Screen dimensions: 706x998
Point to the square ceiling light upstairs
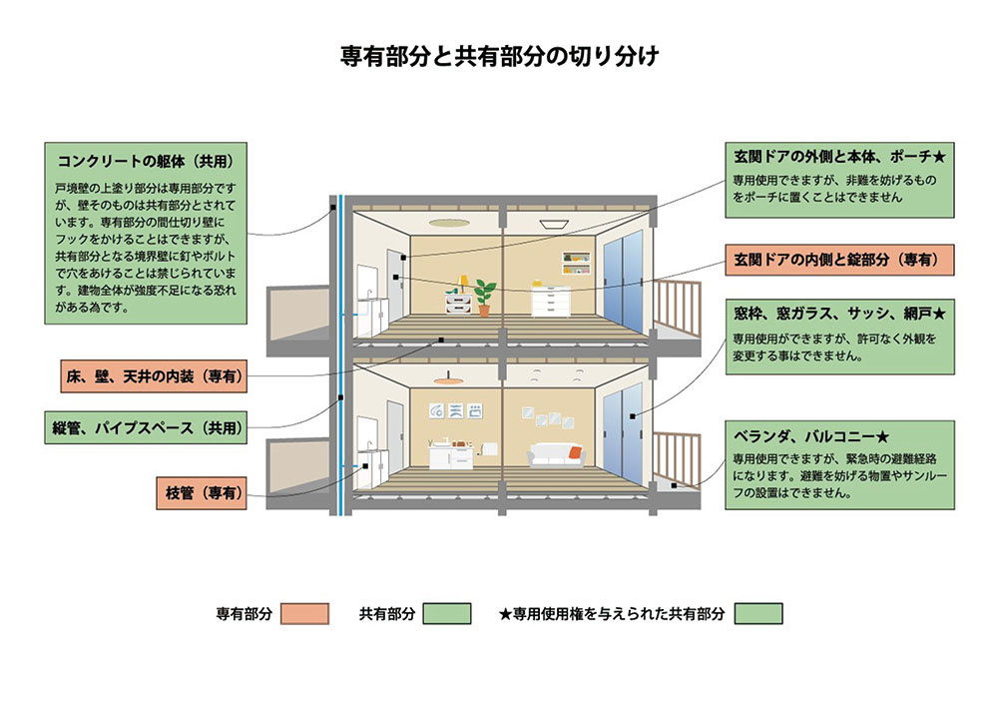[x=549, y=224]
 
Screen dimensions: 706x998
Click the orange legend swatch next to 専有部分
[x=305, y=614]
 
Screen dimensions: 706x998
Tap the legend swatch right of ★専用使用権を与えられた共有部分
[x=758, y=614]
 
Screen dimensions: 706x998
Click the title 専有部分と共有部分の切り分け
[x=499, y=57]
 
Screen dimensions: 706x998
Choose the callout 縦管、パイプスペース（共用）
[x=148, y=427]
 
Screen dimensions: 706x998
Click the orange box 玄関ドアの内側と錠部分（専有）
[x=839, y=259]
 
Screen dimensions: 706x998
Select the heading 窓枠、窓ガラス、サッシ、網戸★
[x=839, y=314]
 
